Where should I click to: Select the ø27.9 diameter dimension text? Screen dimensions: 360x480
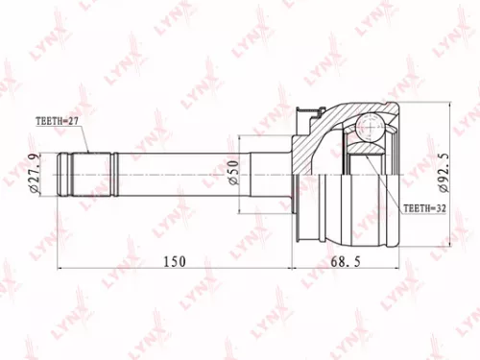point(33,174)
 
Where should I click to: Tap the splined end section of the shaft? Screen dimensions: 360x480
point(89,174)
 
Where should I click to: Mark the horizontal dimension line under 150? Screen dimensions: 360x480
point(173,268)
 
